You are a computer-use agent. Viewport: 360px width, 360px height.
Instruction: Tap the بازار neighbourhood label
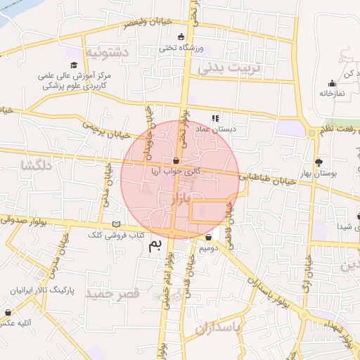coord(181,201)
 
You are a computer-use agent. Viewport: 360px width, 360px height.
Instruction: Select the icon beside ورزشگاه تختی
coord(181,37)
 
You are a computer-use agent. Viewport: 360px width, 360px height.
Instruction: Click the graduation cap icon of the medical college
coord(74,65)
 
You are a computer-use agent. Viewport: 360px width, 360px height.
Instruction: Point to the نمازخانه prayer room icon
coord(332,83)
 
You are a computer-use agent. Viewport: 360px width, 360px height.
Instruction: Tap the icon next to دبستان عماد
coord(215,118)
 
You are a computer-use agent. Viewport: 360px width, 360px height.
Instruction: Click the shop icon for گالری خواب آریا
coord(175,161)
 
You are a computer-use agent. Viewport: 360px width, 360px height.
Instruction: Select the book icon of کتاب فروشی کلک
coord(117,224)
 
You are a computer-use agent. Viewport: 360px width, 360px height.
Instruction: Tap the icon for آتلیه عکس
coord(8,312)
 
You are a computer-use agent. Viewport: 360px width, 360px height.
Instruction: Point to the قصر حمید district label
coord(112,293)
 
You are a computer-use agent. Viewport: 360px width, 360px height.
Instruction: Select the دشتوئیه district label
coord(107,51)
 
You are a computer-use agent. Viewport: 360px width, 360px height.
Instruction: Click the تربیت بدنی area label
coord(229,67)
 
